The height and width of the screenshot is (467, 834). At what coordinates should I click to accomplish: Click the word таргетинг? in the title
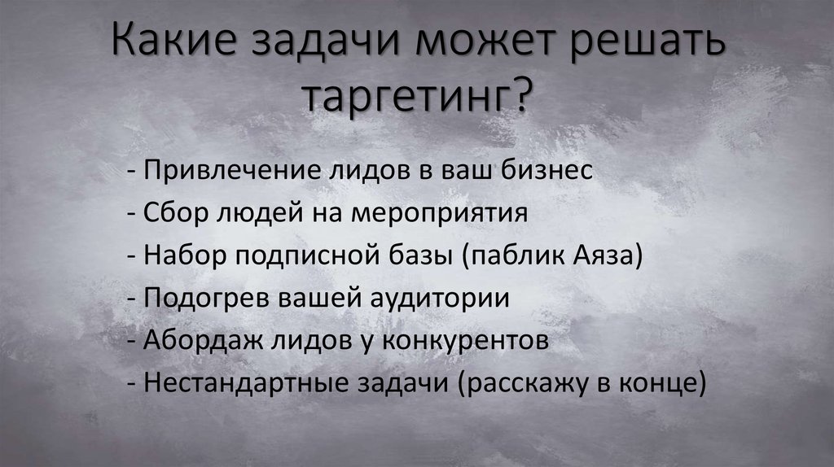click(416, 100)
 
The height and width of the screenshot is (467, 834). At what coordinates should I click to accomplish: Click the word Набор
click(183, 256)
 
